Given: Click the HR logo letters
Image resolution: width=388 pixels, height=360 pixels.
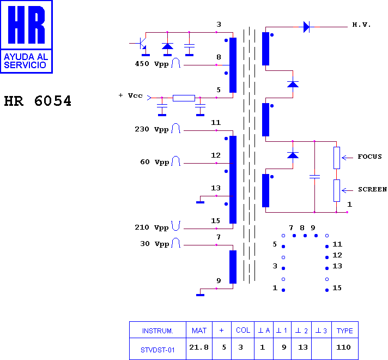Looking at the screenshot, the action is (26, 25).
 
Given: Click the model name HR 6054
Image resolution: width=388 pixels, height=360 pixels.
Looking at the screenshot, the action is (38, 101).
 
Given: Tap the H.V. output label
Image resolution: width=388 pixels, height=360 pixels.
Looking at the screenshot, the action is (361, 25).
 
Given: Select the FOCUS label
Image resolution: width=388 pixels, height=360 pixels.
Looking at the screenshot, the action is (369, 157).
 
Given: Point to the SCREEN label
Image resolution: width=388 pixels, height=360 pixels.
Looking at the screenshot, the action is (372, 189).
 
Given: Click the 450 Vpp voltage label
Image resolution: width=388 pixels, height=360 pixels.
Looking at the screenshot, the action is (151, 64).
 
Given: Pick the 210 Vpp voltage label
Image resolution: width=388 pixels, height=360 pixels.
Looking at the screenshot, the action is (151, 227).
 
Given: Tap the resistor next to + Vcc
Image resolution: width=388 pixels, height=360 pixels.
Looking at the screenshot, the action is (184, 98).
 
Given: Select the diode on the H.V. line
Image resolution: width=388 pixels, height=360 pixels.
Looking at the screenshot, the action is (306, 27).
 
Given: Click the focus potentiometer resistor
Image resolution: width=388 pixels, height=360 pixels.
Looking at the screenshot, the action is (337, 158).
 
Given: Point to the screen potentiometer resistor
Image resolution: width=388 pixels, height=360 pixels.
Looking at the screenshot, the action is (337, 190).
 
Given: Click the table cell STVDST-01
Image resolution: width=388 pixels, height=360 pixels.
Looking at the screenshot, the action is (157, 350).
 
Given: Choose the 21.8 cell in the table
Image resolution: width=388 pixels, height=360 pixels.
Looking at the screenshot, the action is (199, 347).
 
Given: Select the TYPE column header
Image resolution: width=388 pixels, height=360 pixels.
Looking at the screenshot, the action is (345, 331).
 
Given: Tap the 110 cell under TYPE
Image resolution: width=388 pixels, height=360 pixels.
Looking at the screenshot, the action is (343, 347).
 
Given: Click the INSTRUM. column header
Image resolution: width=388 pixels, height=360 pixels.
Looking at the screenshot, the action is (157, 331).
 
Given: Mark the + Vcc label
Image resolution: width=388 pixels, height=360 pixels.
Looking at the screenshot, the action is (130, 95).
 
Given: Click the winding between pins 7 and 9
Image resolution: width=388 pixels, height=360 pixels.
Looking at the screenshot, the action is (233, 267).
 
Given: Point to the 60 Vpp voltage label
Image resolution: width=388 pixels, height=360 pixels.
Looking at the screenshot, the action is (155, 162).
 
